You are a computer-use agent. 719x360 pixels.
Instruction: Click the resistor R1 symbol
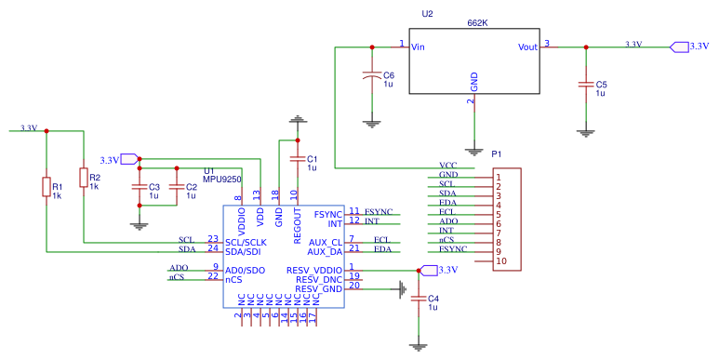[46, 188]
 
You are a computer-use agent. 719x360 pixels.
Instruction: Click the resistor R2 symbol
[84, 178]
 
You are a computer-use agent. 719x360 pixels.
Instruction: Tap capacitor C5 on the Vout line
[586, 85]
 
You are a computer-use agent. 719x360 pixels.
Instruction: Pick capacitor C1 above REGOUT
[297, 159]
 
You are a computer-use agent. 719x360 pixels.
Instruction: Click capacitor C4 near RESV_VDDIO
[419, 300]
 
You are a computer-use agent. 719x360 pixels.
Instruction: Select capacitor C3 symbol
[140, 187]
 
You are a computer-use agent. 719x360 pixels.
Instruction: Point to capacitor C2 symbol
[176, 187]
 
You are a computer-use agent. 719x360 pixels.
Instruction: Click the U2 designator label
[427, 14]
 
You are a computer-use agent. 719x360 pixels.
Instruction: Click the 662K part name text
[478, 21]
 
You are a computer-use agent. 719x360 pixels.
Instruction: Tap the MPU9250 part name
[222, 179]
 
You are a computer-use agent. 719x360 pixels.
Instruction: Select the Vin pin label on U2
[419, 47]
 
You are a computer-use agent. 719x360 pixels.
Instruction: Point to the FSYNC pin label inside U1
[327, 214]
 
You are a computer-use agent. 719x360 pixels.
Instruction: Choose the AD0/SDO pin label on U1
[246, 270]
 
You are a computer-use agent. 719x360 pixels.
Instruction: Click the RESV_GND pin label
[320, 289]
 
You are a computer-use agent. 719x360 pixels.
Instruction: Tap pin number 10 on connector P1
[500, 261]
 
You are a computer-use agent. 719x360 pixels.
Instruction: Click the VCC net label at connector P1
[447, 165]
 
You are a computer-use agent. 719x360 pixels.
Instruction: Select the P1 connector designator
[496, 153]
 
